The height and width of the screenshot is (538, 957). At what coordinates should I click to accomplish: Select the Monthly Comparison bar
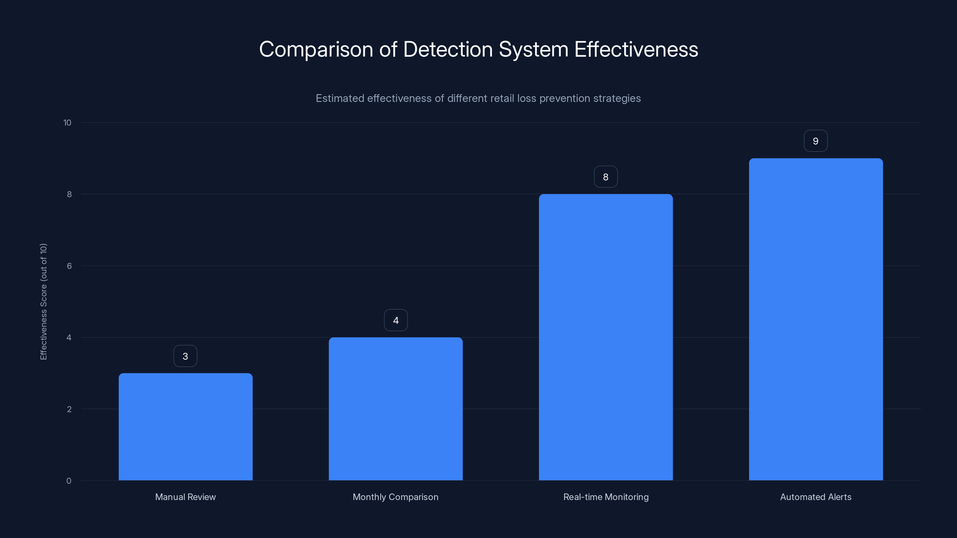click(396, 408)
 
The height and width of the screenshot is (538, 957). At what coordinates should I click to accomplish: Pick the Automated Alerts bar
click(816, 319)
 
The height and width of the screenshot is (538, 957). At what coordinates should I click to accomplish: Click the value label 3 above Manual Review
click(185, 356)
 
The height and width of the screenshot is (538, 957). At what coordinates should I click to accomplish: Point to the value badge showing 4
click(396, 320)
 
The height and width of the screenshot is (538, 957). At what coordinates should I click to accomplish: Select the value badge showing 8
click(606, 177)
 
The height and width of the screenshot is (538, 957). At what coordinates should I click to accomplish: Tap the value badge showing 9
click(816, 141)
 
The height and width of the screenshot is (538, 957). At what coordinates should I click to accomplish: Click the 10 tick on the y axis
click(67, 123)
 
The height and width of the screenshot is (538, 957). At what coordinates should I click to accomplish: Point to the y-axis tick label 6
click(69, 266)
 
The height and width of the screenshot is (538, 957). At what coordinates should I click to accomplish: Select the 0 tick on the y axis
click(69, 481)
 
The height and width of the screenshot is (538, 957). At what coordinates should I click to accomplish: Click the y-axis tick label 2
click(69, 409)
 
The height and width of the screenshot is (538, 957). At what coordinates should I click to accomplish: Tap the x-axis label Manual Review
click(185, 497)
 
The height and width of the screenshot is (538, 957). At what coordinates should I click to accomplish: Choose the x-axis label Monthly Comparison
click(395, 497)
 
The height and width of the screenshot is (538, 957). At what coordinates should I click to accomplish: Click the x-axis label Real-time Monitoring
click(606, 497)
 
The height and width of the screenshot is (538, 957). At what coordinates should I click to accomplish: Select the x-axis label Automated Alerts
click(816, 497)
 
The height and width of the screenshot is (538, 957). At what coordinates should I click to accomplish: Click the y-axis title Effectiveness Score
click(43, 302)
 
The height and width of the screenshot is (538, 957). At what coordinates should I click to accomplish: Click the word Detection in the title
click(448, 49)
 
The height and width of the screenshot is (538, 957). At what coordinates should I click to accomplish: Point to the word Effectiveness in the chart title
click(636, 49)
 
